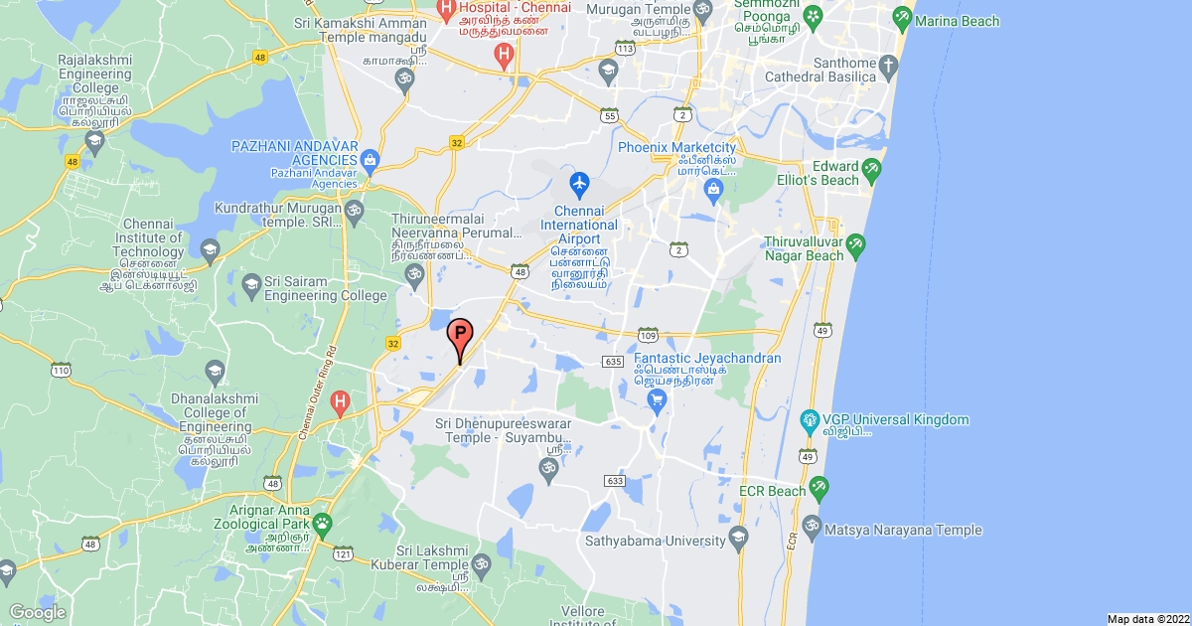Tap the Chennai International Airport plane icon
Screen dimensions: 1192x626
[x=579, y=184]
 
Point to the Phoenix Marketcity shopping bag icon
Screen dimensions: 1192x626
[x=711, y=188]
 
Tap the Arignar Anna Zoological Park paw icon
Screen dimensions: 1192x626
[x=322, y=522]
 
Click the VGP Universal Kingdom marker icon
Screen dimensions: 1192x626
[x=810, y=420]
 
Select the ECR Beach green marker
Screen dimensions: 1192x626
[x=819, y=488]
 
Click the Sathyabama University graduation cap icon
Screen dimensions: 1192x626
[x=737, y=539]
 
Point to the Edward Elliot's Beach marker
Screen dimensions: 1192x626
[x=871, y=168]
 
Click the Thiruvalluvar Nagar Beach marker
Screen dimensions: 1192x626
[x=855, y=244]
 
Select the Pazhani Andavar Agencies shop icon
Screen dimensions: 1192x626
[x=370, y=158]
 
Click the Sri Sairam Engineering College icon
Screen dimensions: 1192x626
[x=251, y=286]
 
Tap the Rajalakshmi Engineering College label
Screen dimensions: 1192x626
[x=95, y=74]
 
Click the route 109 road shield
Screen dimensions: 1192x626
[x=648, y=332]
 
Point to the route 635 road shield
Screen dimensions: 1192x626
[x=613, y=361]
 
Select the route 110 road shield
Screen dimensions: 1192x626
[x=61, y=371]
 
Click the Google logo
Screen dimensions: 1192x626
[x=37, y=612]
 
